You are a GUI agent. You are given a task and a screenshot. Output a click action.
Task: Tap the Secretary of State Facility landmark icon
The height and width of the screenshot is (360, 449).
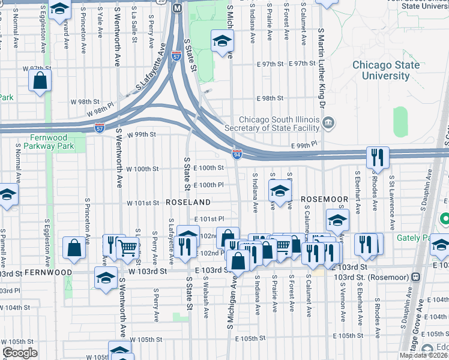[x=328, y=124]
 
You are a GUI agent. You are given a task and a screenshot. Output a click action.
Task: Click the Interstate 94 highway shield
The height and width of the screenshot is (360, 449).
[x=238, y=155]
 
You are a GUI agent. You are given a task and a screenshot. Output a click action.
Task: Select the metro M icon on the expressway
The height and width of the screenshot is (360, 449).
[x=176, y=8]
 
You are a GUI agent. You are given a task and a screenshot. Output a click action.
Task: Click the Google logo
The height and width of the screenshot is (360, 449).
[x=20, y=353]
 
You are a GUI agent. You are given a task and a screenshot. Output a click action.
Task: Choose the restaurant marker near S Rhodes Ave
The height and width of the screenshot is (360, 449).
[x=378, y=158]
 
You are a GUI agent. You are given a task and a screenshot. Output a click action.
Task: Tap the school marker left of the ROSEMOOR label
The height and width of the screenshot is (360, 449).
[x=279, y=191]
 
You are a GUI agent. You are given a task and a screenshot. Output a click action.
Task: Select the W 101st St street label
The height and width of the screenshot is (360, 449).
[x=143, y=203]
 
